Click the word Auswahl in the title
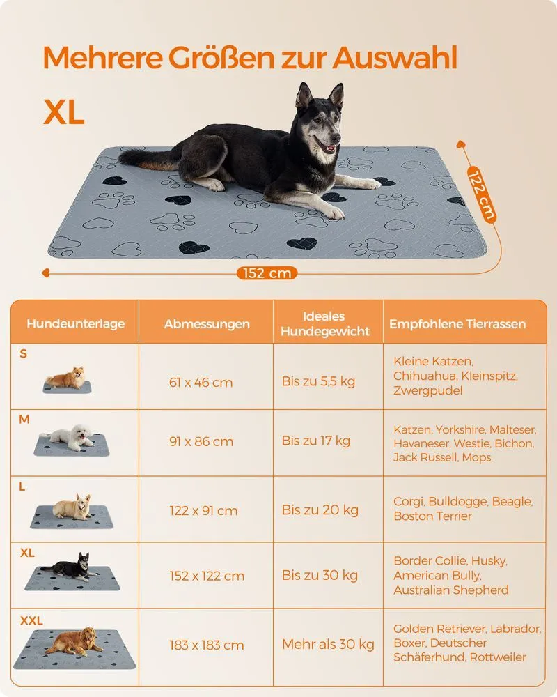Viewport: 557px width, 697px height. pos(395,58)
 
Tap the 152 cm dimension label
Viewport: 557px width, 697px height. pos(267,273)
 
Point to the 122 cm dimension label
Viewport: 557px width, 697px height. pos(482,194)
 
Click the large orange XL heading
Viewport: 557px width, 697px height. pos(63,112)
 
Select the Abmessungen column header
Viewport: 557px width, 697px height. pos(207,324)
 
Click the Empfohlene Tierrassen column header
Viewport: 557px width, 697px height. pos(457,324)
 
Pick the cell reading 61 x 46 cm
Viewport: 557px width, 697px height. pos(201,382)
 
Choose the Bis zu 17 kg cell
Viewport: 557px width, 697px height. pos(316,441)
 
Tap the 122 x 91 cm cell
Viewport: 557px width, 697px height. pos(203,510)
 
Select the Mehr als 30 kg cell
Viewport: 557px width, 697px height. pos(328,644)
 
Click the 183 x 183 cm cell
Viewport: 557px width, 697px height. pos(207,645)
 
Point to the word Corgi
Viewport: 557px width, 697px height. pos(409,502)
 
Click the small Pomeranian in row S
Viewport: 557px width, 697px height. pos(66,378)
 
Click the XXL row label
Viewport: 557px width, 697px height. pos(31,620)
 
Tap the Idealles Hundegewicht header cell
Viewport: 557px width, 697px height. pos(325,323)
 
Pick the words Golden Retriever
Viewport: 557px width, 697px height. pos(440,629)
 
